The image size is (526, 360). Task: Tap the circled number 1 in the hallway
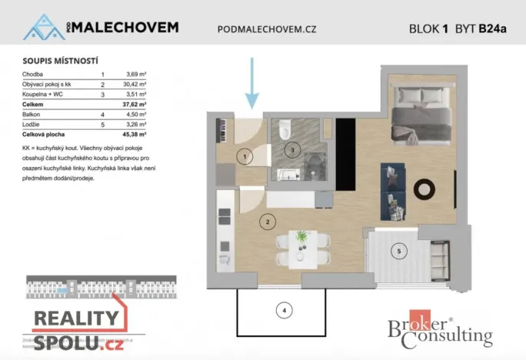click(x=245, y=158)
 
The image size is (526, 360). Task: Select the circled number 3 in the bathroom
click(x=291, y=149)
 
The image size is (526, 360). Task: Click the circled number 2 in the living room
click(x=267, y=222)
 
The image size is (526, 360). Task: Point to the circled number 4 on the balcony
click(x=285, y=311)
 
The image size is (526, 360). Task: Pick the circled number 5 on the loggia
click(x=398, y=251)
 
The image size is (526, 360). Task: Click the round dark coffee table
click(x=424, y=188)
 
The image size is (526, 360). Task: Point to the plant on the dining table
click(x=301, y=235)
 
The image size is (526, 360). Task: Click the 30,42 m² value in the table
click(x=135, y=84)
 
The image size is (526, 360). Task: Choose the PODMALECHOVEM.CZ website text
click(x=267, y=29)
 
